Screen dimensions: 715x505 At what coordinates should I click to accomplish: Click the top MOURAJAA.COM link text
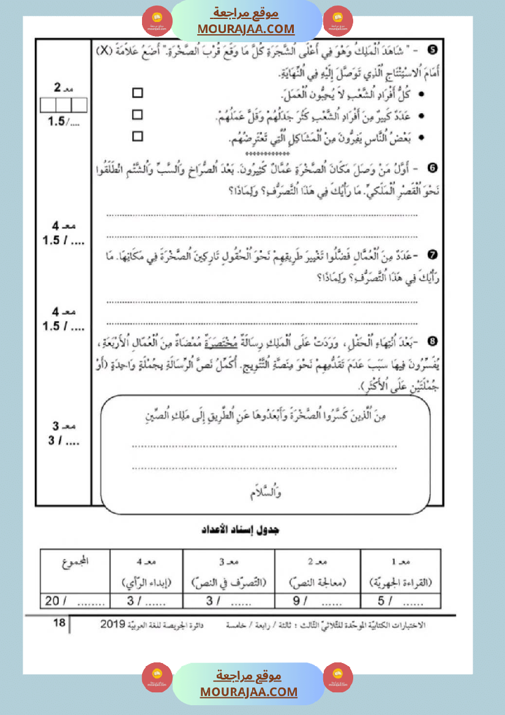pyautogui.click(x=246, y=29)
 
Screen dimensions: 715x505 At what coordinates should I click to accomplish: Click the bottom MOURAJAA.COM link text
pyautogui.click(x=249, y=692)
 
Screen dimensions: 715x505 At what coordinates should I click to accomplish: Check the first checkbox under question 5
pyautogui.click(x=138, y=93)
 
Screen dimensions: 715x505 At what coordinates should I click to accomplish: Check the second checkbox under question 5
pyautogui.click(x=138, y=114)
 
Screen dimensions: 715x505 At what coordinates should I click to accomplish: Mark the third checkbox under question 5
pyautogui.click(x=138, y=136)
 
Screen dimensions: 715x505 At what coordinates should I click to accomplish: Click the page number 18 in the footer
pyautogui.click(x=59, y=623)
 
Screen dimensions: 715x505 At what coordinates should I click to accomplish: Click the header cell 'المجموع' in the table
pyautogui.click(x=75, y=561)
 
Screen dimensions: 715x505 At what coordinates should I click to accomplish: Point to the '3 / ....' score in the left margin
pyautogui.click(x=64, y=440)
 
